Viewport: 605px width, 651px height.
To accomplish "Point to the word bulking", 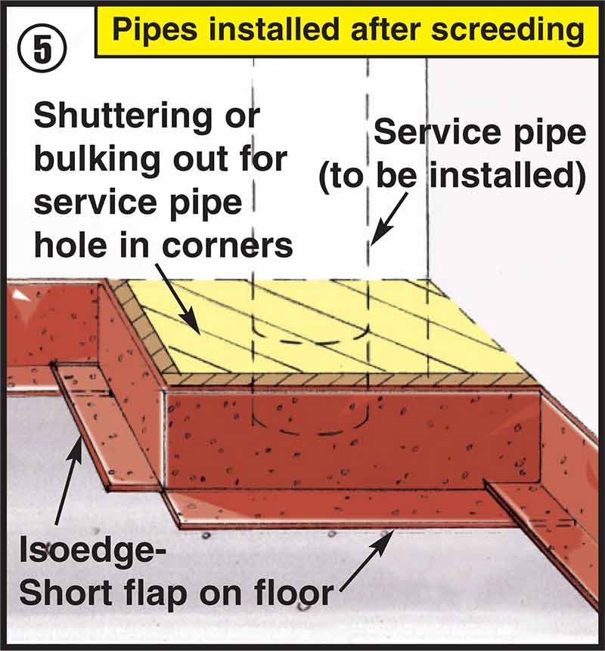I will point(89,159).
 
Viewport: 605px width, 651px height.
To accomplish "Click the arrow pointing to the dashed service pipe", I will point(388,222).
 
